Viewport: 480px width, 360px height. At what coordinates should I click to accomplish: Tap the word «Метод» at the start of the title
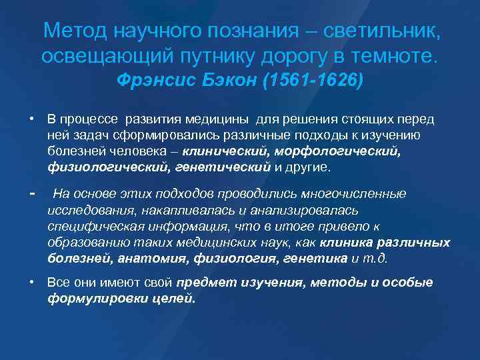coord(75,31)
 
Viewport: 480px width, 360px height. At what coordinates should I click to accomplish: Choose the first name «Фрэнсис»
coord(151,81)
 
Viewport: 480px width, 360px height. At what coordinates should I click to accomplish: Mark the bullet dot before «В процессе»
coord(32,119)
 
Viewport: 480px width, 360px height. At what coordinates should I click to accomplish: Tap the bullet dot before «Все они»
coord(32,282)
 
